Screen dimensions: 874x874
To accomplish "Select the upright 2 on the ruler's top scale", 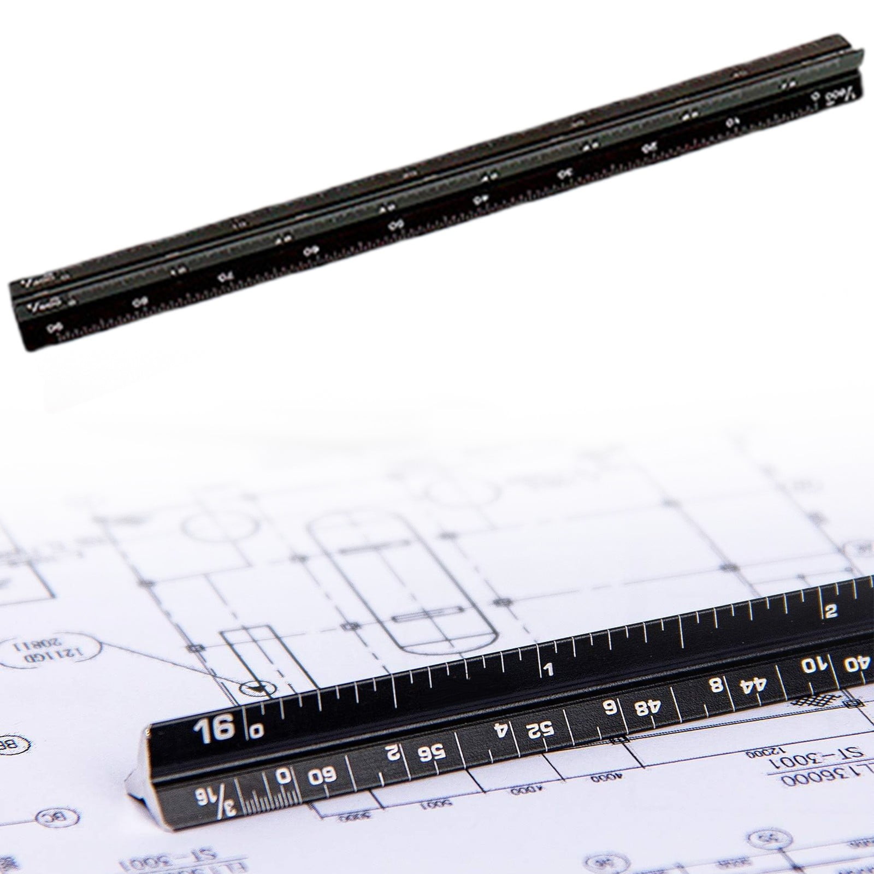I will tap(831, 611).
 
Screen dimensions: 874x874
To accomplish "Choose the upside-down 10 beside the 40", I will tap(814, 666).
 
